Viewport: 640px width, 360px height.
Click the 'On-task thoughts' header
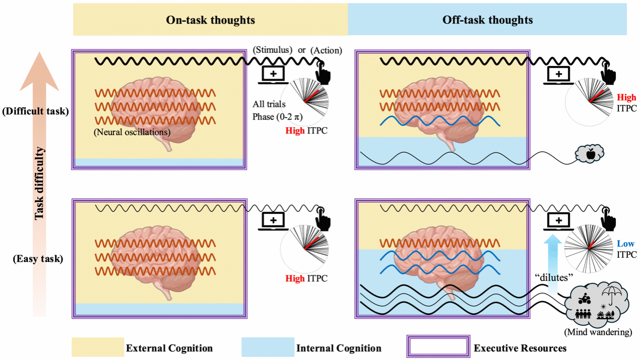210,20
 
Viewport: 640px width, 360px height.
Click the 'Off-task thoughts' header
488,20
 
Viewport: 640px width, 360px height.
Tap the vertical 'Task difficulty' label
40,184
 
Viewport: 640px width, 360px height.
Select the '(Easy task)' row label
39,259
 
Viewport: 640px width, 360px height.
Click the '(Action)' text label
326,50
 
